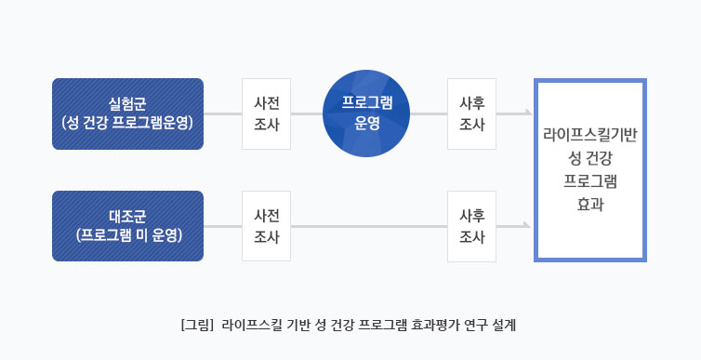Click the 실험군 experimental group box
tap(128, 113)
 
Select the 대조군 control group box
tap(128, 226)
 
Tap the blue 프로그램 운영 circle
tap(366, 113)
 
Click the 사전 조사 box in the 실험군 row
tap(267, 113)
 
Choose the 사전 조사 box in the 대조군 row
tap(267, 226)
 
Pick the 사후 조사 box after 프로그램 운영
tap(471, 113)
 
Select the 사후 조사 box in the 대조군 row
tap(471, 226)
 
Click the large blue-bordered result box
tap(589, 169)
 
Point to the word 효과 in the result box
tap(589, 203)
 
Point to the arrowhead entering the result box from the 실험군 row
tap(527, 113)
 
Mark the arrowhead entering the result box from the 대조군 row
tap(527, 226)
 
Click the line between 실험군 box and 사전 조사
tap(222, 113)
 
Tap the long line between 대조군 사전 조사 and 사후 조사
tap(369, 226)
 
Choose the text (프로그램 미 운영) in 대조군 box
tap(128, 235)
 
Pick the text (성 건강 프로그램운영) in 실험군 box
tap(128, 122)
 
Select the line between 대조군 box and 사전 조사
tap(222, 226)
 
